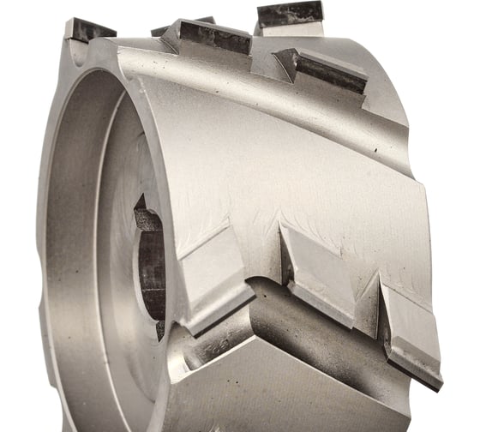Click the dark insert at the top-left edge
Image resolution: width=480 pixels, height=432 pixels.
tap(89, 29)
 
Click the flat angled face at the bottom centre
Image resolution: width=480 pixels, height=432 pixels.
tap(257, 386)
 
